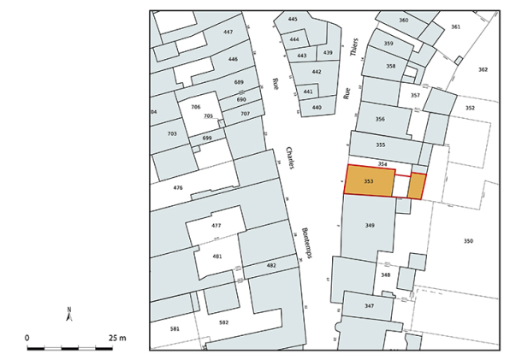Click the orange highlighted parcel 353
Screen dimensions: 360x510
369,181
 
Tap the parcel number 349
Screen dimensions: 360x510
370,225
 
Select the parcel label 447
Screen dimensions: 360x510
228,32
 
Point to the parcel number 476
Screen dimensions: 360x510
178,187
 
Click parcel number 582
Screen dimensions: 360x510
224,322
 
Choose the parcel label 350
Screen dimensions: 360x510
468,241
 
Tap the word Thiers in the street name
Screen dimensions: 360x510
355,47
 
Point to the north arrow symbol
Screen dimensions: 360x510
68,314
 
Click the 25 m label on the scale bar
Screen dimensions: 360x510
117,338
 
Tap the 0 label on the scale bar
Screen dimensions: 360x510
27,338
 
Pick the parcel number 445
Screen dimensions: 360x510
293,19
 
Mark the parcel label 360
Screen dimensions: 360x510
404,20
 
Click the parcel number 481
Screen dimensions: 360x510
217,257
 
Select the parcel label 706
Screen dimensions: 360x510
195,107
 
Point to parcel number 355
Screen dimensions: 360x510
380,145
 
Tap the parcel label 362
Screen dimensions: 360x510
483,69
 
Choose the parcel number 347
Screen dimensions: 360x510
369,305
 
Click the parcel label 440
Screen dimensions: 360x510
317,107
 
